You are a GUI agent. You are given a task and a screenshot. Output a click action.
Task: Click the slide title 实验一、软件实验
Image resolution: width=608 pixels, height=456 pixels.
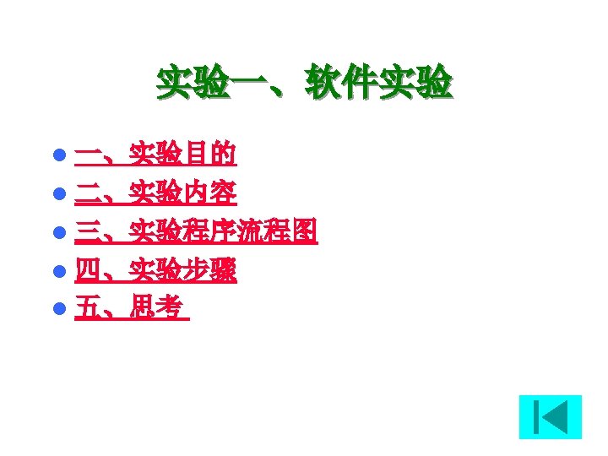(x=304, y=84)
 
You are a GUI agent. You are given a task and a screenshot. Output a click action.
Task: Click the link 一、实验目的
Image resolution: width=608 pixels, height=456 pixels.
(x=155, y=155)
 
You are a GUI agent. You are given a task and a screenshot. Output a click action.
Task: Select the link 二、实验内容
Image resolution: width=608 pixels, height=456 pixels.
(x=155, y=193)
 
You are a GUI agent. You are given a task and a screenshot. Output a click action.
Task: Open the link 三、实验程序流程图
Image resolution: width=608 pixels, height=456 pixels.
(x=196, y=231)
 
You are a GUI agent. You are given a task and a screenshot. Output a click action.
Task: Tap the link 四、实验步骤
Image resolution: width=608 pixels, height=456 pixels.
(x=155, y=270)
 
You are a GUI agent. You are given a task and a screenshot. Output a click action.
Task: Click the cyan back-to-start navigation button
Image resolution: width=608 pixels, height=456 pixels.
(x=550, y=417)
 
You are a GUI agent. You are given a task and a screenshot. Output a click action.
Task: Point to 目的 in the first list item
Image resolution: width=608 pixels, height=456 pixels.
(x=210, y=155)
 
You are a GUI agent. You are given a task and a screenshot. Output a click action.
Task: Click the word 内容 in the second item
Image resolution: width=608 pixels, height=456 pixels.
(x=210, y=193)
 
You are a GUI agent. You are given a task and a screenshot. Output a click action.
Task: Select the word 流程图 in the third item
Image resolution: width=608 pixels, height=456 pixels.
(x=278, y=231)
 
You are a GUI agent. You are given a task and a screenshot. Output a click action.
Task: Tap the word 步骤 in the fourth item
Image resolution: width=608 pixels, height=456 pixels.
(x=210, y=270)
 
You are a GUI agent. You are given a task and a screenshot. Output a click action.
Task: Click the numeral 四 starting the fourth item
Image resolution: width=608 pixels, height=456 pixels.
(x=86, y=270)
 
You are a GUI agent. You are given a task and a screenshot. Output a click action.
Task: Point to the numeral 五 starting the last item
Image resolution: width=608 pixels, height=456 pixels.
(x=86, y=308)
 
